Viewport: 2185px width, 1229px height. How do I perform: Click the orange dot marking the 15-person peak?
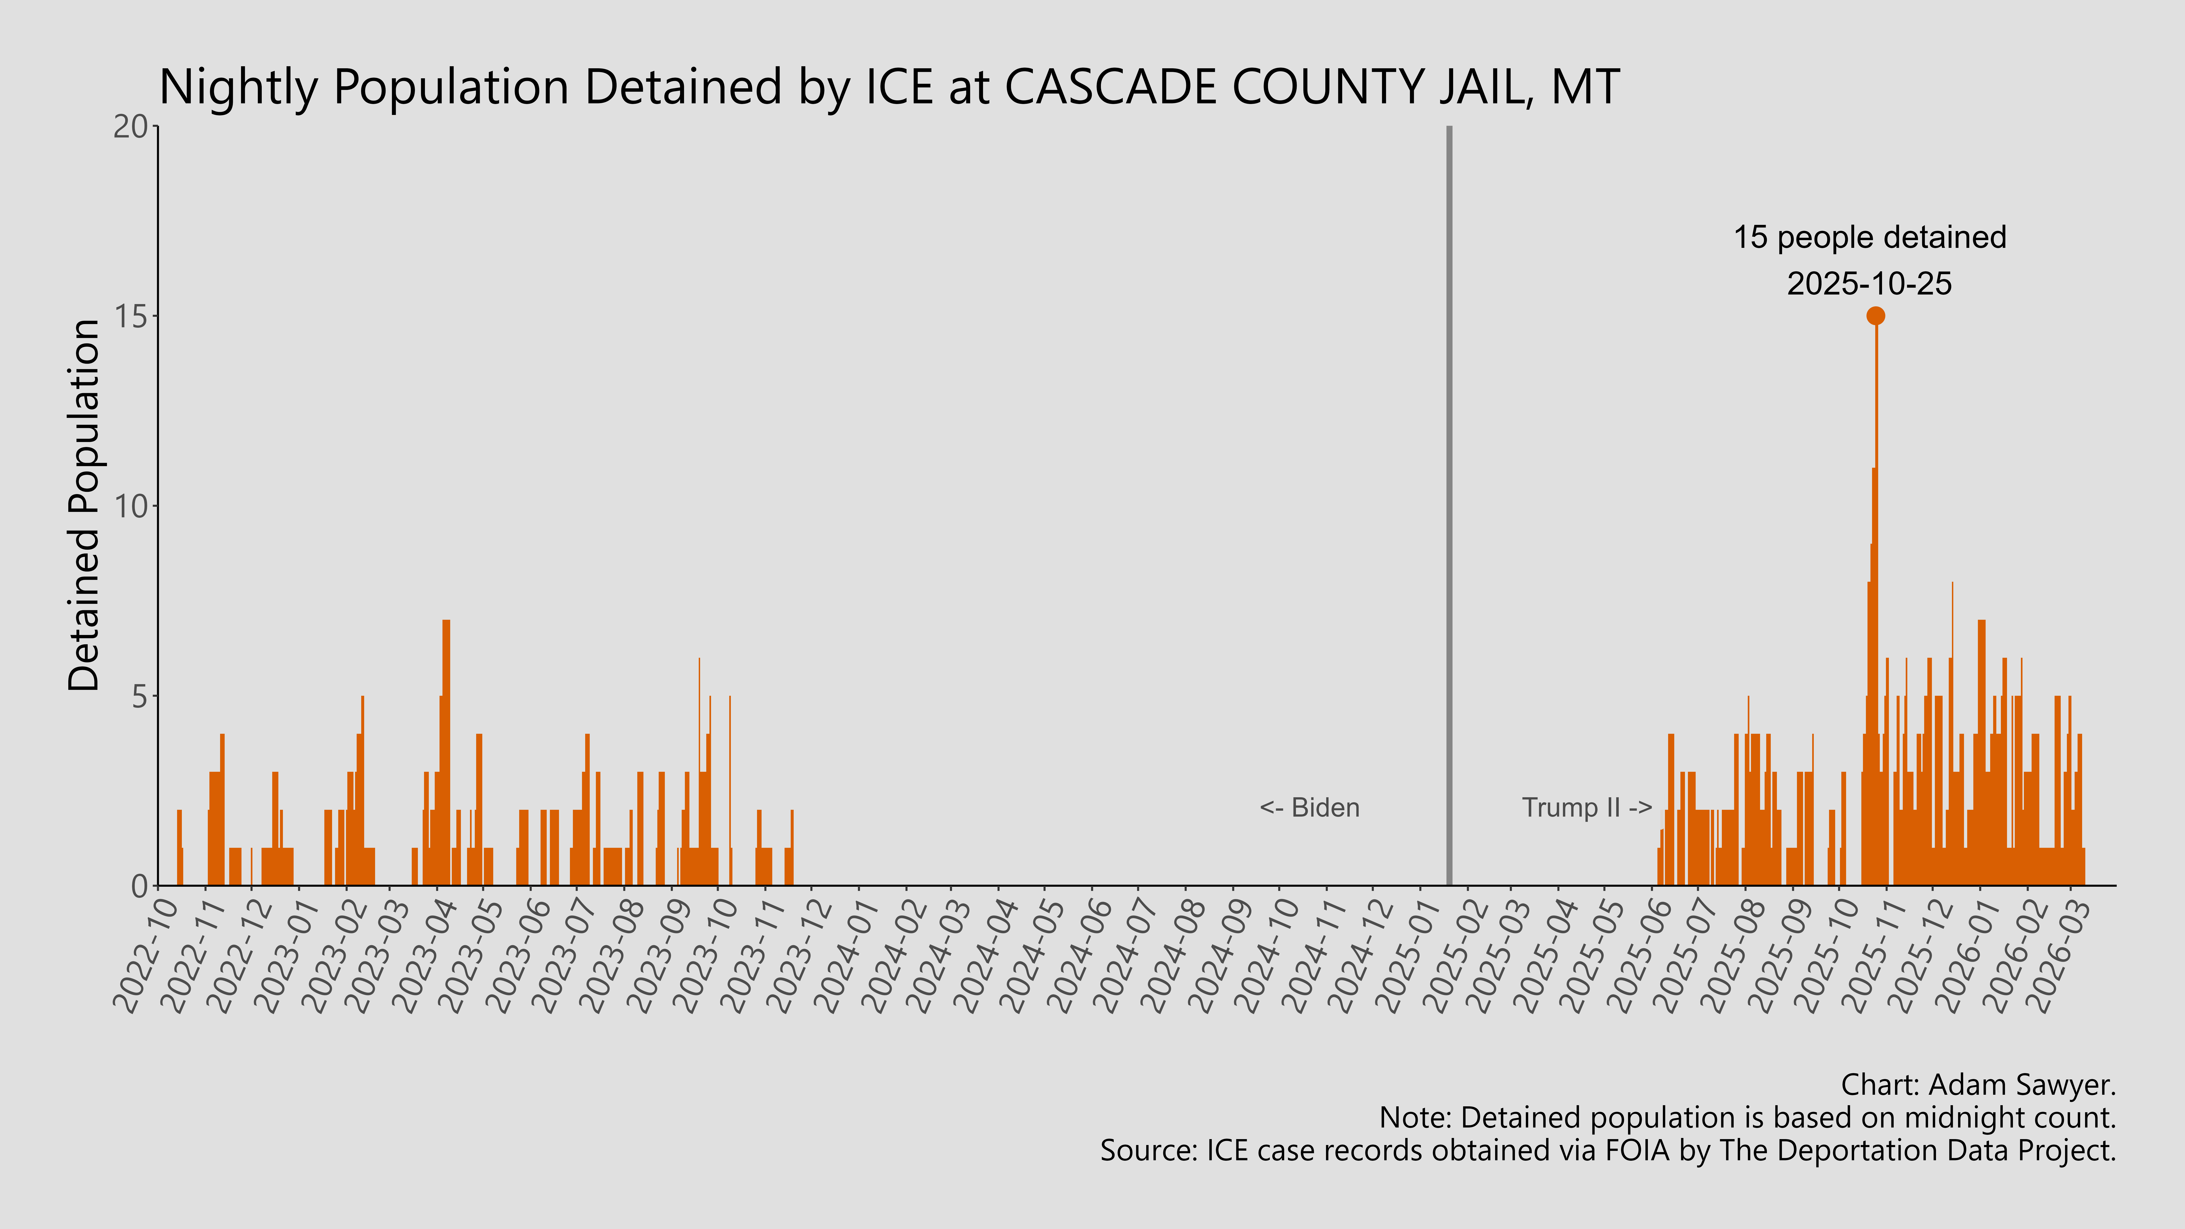pyautogui.click(x=1875, y=315)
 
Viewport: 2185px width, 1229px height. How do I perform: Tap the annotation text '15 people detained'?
pyautogui.click(x=1870, y=237)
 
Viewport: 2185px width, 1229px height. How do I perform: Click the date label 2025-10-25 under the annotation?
pyautogui.click(x=1870, y=283)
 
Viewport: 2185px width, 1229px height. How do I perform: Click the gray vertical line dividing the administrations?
pyautogui.click(x=1449, y=509)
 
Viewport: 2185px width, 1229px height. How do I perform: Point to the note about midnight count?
pyautogui.click(x=1747, y=1118)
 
